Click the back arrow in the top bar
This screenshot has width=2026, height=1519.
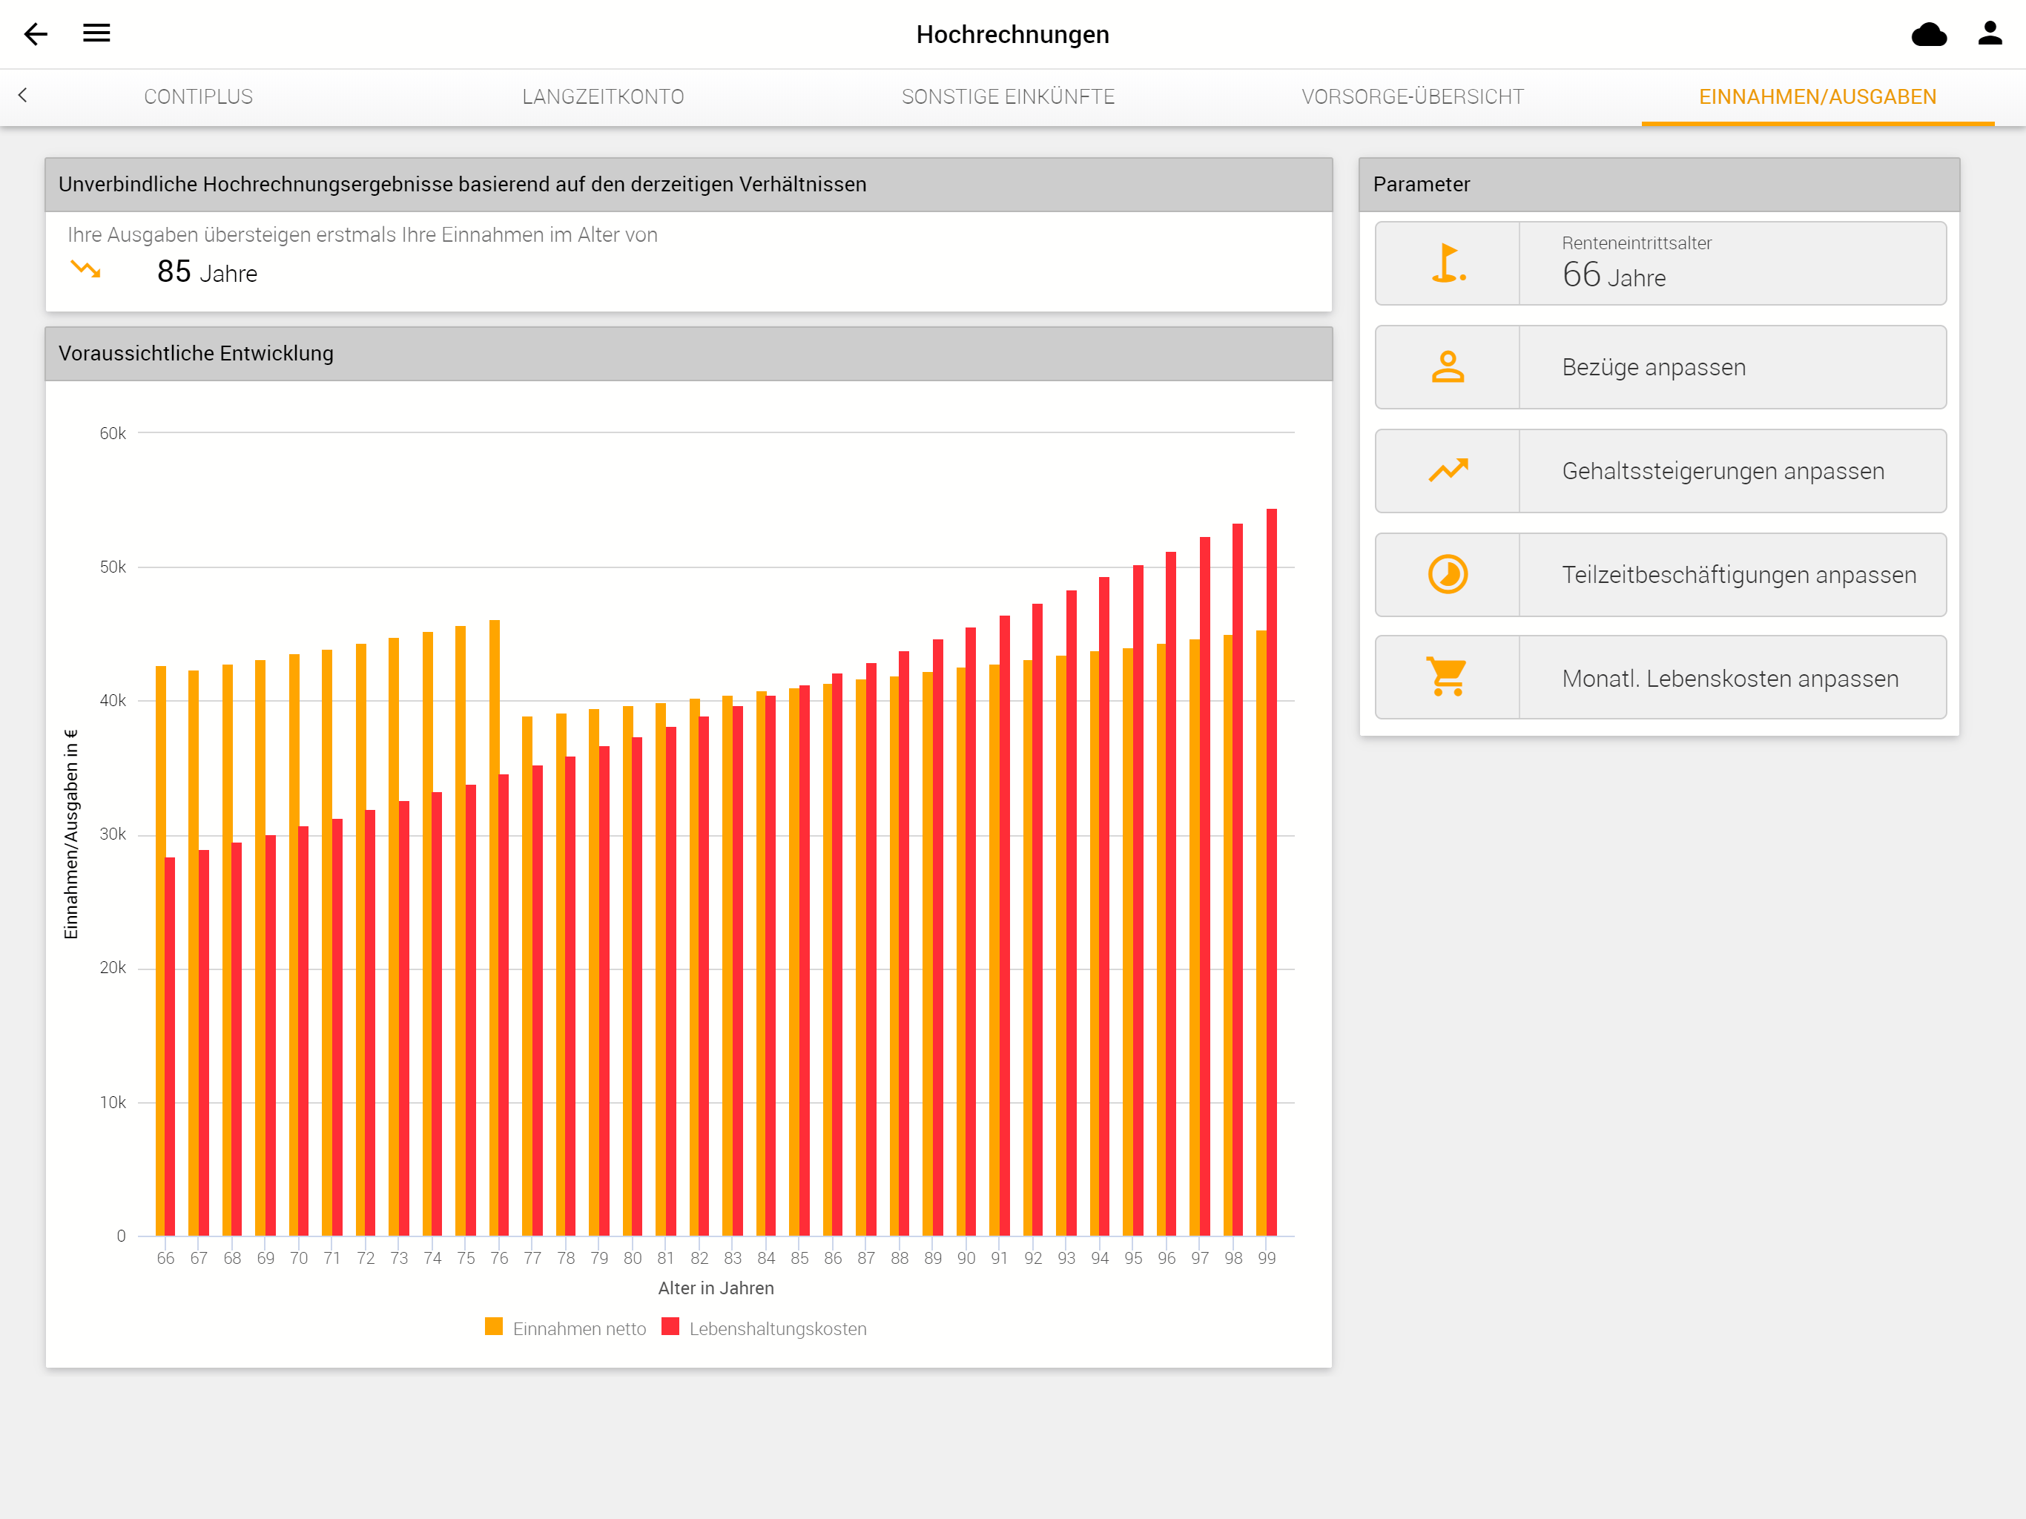(36, 34)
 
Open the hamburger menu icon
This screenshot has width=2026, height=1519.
(96, 33)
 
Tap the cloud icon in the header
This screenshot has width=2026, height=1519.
(1929, 34)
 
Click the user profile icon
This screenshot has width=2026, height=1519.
(1990, 33)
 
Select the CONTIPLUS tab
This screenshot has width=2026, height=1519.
(199, 97)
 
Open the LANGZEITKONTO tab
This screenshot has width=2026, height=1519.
(603, 97)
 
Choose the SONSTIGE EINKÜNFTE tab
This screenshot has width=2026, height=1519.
(1008, 97)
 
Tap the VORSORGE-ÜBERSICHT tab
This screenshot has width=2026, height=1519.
(1412, 97)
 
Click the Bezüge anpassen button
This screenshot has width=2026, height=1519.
(1660, 367)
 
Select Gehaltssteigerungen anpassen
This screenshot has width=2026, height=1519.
(1660, 471)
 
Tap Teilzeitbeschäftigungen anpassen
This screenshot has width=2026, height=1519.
(1660, 574)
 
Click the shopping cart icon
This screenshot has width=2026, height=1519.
(1447, 677)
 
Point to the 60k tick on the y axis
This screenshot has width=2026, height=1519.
(113, 433)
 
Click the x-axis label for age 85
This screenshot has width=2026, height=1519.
(799, 1258)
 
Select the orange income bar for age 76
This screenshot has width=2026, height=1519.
(495, 928)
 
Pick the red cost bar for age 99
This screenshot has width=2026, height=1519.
(1271, 872)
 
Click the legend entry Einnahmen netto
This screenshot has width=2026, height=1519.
(565, 1328)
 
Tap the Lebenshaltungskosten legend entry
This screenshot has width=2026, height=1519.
(764, 1328)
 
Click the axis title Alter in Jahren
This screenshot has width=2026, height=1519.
(716, 1288)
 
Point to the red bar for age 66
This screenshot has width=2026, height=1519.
(169, 1047)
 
